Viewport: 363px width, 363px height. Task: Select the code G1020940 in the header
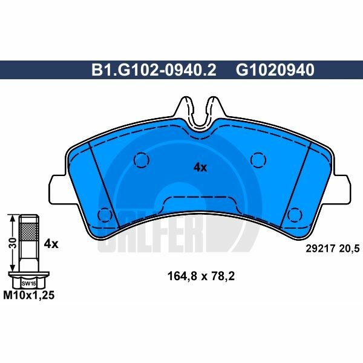275,70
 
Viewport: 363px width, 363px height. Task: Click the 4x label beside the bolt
51,244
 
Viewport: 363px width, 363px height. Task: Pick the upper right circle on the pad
259,160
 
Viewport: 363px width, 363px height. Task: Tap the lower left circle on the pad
105,214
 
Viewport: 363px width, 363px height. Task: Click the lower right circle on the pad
295,214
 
